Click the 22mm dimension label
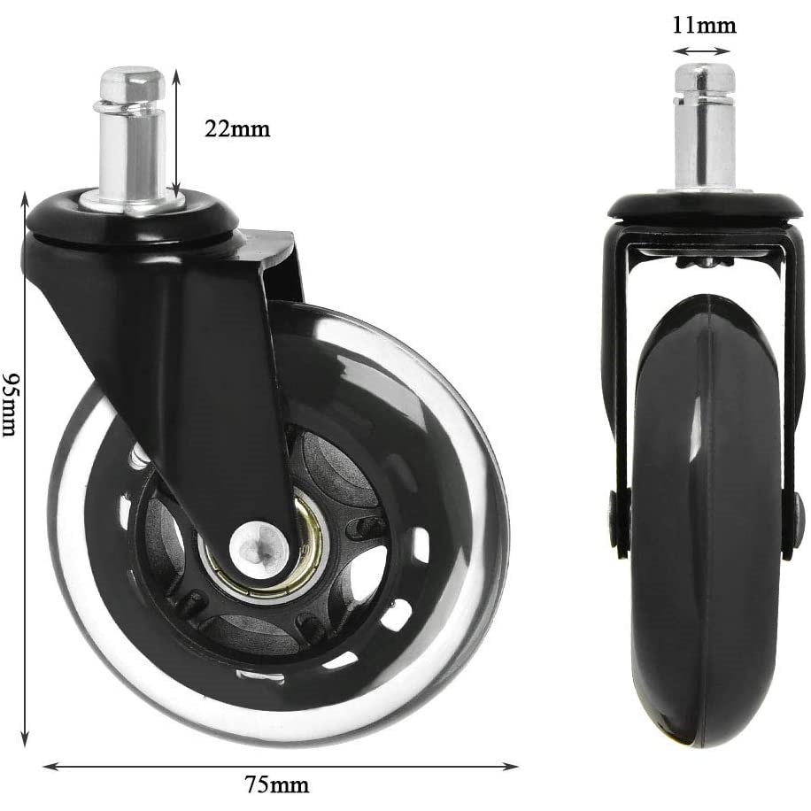click(x=236, y=129)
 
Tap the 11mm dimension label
click(x=704, y=25)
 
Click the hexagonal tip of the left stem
click(x=131, y=83)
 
